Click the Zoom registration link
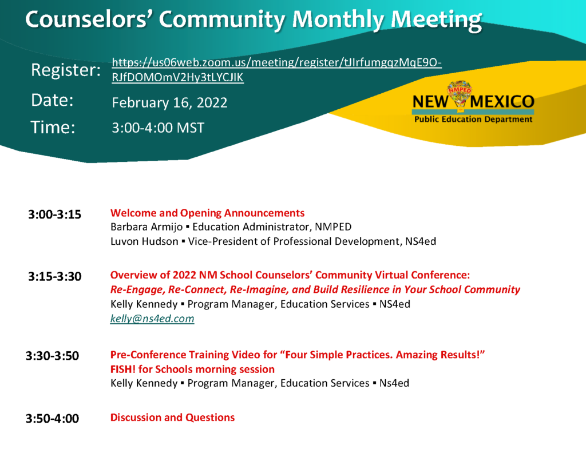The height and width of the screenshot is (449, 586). tap(276, 70)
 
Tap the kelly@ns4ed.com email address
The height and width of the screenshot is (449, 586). tap(152, 319)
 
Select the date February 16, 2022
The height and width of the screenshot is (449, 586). tap(169, 103)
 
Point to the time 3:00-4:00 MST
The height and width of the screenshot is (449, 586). tap(158, 128)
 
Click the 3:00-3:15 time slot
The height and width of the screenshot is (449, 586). tap(54, 214)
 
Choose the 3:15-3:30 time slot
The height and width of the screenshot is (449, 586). tap(54, 276)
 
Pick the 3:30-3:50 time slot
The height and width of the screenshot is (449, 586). tap(52, 356)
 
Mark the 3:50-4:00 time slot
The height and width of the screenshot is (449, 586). tap(52, 418)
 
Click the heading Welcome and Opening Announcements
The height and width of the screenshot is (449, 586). tap(207, 213)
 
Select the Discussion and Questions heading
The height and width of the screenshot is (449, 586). tap(172, 417)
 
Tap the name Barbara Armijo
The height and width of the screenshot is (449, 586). tap(146, 227)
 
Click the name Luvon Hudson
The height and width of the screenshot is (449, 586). tap(144, 241)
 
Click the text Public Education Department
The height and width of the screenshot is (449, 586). tap(473, 120)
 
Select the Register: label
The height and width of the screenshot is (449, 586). tap(66, 70)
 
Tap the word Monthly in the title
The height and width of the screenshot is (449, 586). tap(338, 19)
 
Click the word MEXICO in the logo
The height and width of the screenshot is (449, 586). tap(502, 102)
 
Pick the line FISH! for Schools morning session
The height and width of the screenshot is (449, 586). tap(192, 369)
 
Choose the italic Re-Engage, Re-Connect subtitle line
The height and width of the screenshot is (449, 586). tap(315, 290)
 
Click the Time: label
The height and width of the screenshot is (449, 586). tap(53, 128)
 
